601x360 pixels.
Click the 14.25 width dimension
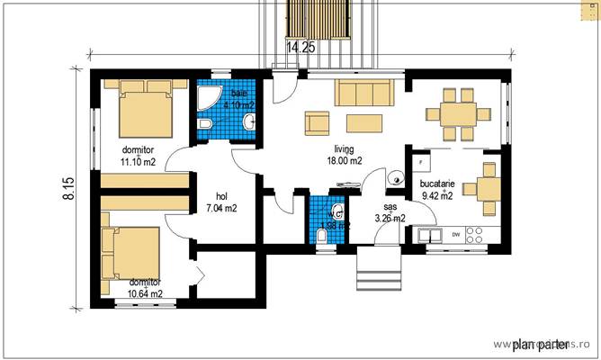coord(300,49)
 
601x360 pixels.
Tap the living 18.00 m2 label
coord(345,155)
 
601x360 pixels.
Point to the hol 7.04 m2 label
coord(220,202)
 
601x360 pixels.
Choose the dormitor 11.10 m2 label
coord(139,155)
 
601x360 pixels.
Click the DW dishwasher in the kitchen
coord(456,235)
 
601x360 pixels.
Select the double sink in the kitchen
coord(429,235)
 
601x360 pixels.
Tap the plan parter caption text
coord(539,344)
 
